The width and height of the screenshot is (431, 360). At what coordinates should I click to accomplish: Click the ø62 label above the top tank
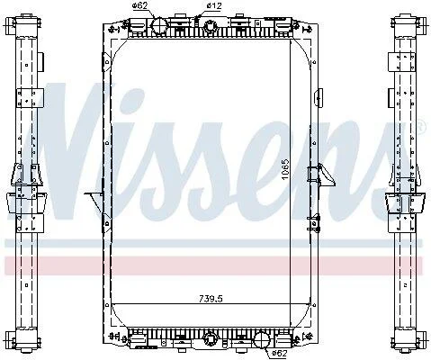point(140,5)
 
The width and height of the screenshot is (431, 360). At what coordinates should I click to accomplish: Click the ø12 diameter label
point(214,5)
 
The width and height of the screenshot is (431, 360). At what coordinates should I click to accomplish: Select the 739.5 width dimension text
point(211,299)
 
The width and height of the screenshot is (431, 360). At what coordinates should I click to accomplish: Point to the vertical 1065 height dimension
point(285,169)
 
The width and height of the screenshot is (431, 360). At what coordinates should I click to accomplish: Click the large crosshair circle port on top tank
point(158,26)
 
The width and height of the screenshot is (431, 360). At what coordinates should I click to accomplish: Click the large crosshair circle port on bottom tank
point(262,340)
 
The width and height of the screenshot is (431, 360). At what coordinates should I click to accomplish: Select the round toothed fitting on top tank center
point(210,26)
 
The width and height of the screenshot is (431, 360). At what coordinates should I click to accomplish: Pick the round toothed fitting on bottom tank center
point(210,339)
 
